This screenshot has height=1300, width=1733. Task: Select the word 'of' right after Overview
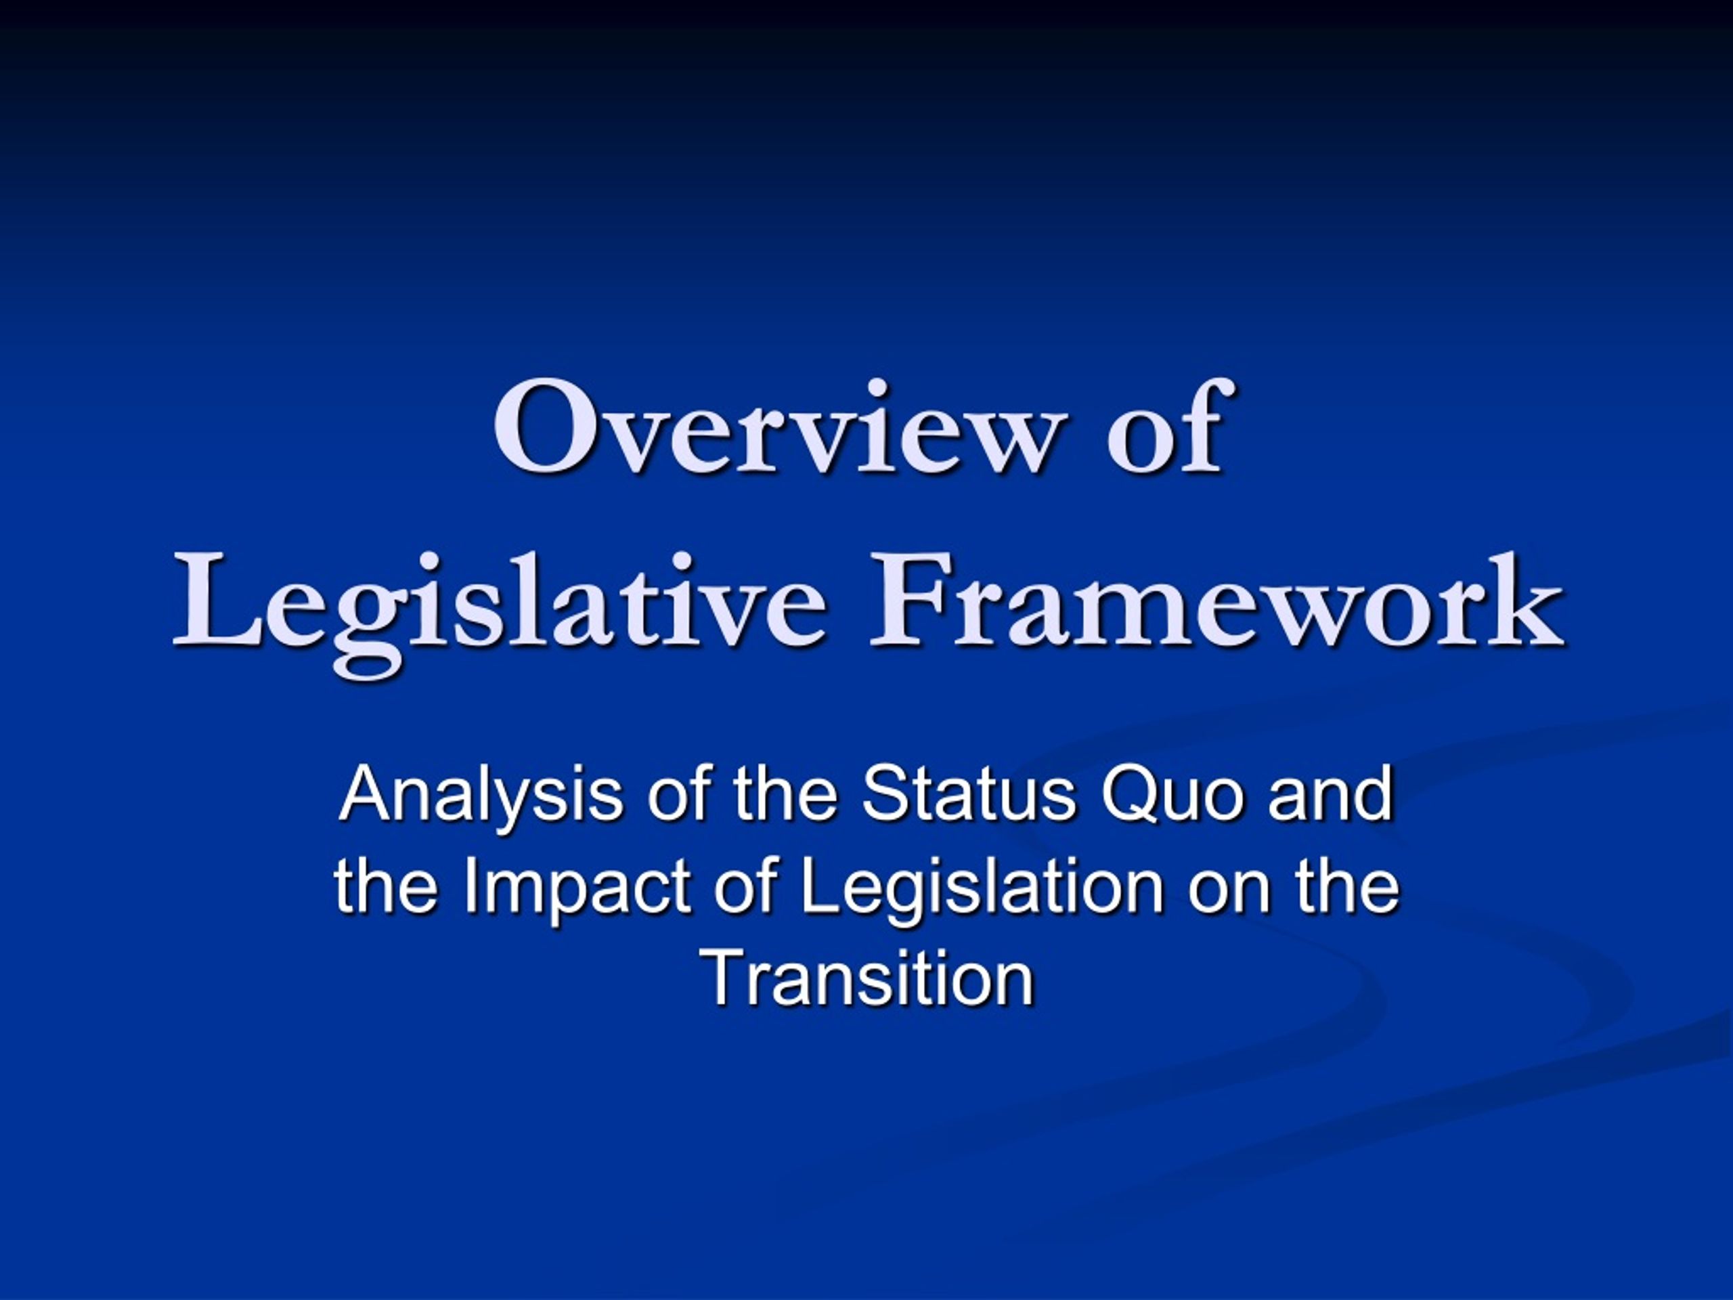click(x=1165, y=427)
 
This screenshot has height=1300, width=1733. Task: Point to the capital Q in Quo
click(x=1131, y=795)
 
